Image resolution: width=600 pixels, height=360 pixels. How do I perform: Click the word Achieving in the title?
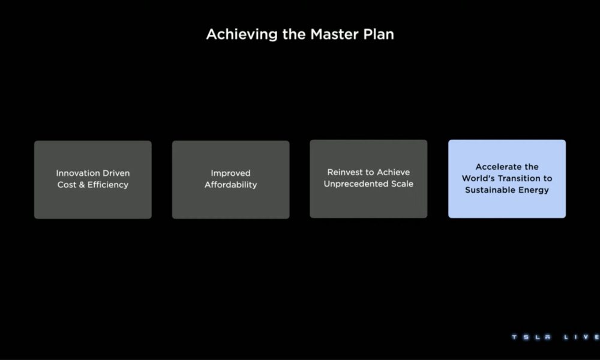coord(242,35)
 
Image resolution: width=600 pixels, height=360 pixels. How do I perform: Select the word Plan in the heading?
coord(379,34)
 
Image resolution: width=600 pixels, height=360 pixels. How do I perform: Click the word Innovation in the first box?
coord(77,173)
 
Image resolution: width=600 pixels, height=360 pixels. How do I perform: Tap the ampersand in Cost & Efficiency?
coord(81,185)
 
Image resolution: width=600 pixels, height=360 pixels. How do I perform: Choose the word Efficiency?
coord(108,185)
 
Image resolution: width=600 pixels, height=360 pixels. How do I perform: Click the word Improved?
coord(231,173)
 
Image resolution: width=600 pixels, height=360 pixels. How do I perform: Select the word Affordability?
coord(231,185)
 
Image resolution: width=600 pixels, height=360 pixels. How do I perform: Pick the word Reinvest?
coord(344,173)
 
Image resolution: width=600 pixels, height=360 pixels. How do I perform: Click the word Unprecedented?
coord(355,184)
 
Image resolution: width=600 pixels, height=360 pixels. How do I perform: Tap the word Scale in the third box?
coord(402,184)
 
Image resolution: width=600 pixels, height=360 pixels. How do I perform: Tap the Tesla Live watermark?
coord(556,337)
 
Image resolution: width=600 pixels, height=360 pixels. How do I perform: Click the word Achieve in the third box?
coord(394,173)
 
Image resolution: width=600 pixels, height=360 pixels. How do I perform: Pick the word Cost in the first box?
coord(66,185)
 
